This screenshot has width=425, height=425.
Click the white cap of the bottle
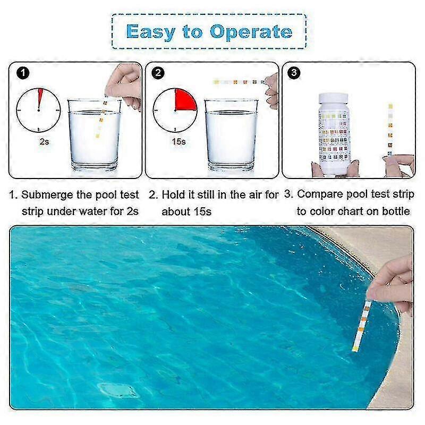(x=334, y=98)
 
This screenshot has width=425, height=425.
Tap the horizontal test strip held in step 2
(x=239, y=82)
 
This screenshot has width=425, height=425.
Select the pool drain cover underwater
(x=117, y=390)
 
